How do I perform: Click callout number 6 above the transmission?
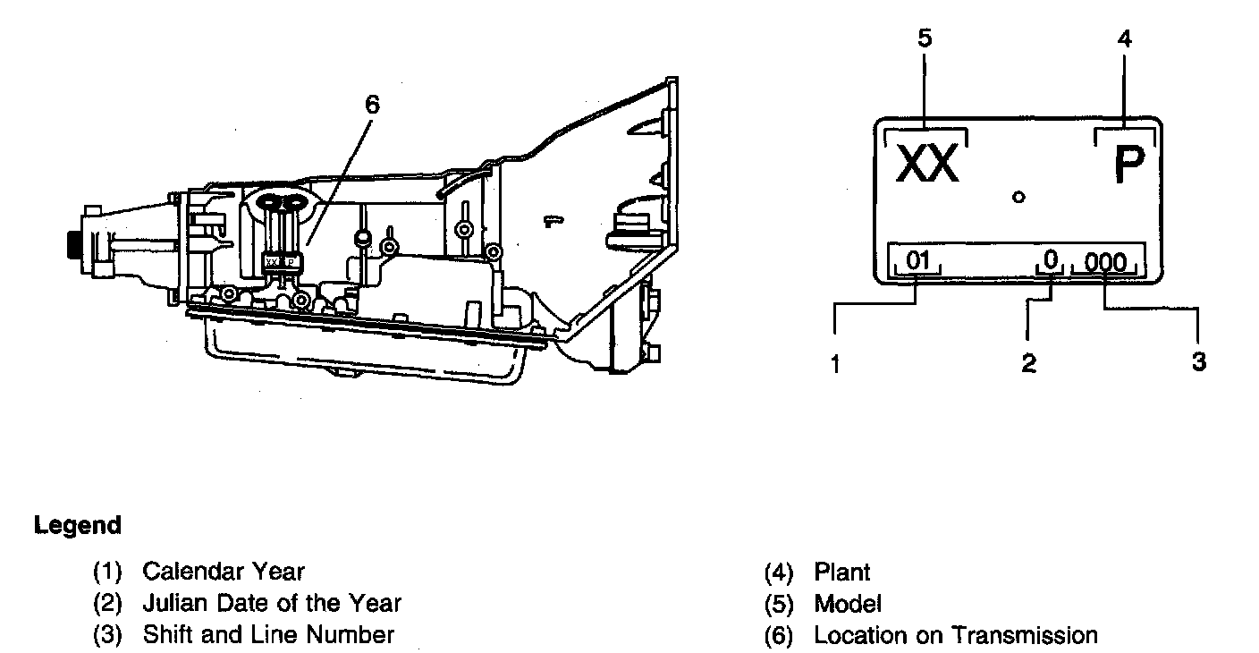[372, 105]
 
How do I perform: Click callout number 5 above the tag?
[925, 38]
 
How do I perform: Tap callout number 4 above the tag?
[1125, 38]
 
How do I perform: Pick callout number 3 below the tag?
[1198, 362]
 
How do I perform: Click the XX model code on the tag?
[927, 165]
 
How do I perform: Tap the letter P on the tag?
[1129, 165]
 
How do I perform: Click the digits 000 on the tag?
[1105, 262]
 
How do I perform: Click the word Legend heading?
[78, 526]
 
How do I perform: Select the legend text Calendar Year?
[224, 571]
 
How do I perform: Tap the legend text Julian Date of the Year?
[272, 603]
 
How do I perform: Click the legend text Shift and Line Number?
[268, 635]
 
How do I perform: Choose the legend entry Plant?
[841, 572]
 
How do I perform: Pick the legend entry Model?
[848, 604]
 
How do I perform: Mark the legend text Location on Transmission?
[955, 635]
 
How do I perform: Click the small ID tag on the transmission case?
[282, 261]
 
